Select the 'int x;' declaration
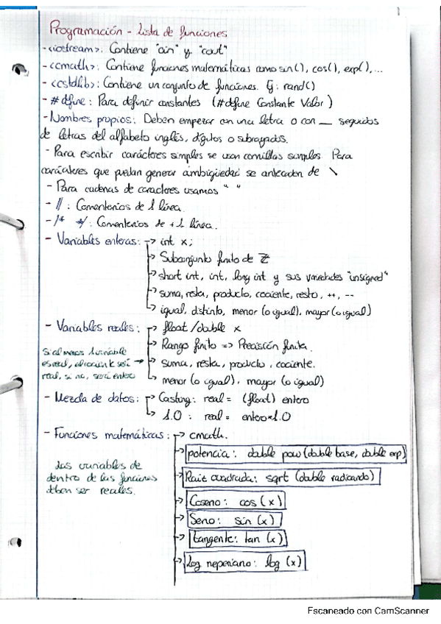pyautogui.click(x=177, y=241)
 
